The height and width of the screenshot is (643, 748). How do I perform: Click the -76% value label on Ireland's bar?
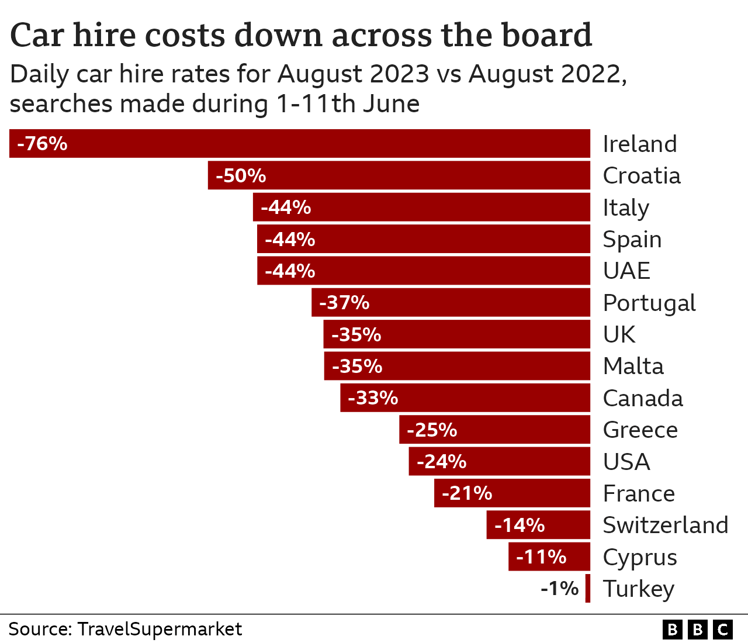click(x=43, y=144)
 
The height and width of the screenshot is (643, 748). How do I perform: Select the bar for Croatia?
click(x=399, y=175)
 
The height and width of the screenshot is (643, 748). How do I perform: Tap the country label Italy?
click(x=626, y=208)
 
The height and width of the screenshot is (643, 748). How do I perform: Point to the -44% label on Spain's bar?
click(x=290, y=240)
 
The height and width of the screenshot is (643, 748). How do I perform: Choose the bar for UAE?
click(x=424, y=271)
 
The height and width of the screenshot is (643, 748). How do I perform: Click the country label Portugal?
click(x=649, y=303)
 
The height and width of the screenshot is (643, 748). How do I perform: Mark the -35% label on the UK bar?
click(x=356, y=335)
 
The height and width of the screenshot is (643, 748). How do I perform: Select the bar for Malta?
click(x=457, y=367)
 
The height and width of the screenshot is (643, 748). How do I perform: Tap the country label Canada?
click(x=643, y=399)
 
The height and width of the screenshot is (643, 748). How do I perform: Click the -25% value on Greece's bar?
click(x=432, y=430)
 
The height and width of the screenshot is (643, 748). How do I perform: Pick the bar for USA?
click(x=500, y=462)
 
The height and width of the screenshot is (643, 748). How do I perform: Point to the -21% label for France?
click(x=467, y=493)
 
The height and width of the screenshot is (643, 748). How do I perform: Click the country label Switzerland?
click(x=666, y=526)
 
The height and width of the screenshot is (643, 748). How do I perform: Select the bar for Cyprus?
click(x=549, y=557)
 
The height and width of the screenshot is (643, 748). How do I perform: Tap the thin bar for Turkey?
click(x=588, y=589)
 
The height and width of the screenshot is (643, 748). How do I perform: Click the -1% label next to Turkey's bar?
click(x=559, y=589)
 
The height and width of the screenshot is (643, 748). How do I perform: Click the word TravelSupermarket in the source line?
click(x=160, y=630)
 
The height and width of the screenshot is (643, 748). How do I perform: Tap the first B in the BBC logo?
click(x=673, y=630)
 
